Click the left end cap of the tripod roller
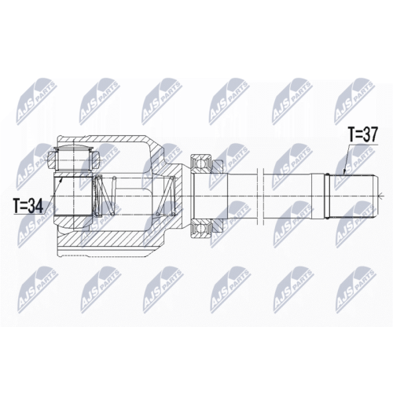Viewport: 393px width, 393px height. coord(52,160)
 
